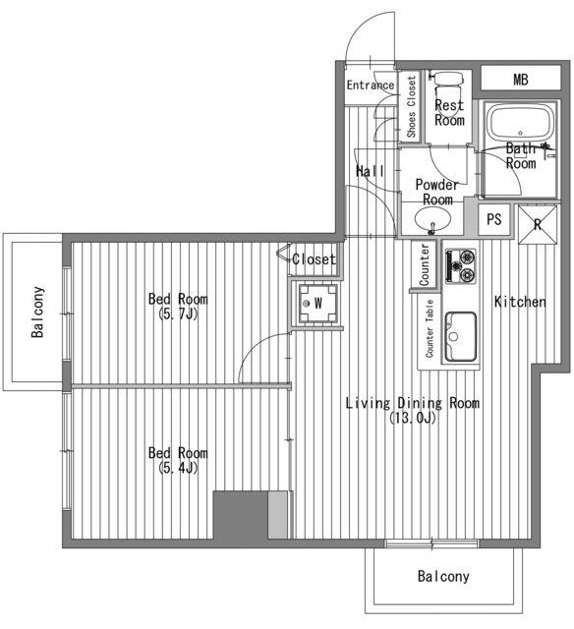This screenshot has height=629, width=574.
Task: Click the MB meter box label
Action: click(520, 80)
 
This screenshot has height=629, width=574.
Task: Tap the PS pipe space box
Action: click(494, 219)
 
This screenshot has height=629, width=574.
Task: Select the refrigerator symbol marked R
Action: click(538, 225)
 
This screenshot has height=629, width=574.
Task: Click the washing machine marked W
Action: click(317, 303)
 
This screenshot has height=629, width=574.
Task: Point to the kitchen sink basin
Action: click(461, 336)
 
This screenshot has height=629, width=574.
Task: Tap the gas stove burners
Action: click(461, 265)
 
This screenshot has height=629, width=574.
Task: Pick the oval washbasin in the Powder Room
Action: click(432, 219)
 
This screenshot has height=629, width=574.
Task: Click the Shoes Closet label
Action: click(411, 107)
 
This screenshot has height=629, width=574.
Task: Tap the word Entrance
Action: click(371, 86)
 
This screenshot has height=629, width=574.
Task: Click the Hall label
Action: click(370, 171)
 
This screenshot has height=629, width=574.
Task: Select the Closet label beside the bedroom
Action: click(314, 259)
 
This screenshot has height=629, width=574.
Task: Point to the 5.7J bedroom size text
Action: click(178, 314)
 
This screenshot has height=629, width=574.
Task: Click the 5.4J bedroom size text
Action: click(178, 468)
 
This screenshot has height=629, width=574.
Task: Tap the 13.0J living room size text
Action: click(413, 418)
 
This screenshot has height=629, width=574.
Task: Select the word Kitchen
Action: click(520, 302)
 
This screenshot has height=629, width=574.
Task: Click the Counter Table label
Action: click(430, 328)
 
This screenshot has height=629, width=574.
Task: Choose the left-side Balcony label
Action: click(37, 312)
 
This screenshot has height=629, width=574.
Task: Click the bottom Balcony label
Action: click(443, 577)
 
